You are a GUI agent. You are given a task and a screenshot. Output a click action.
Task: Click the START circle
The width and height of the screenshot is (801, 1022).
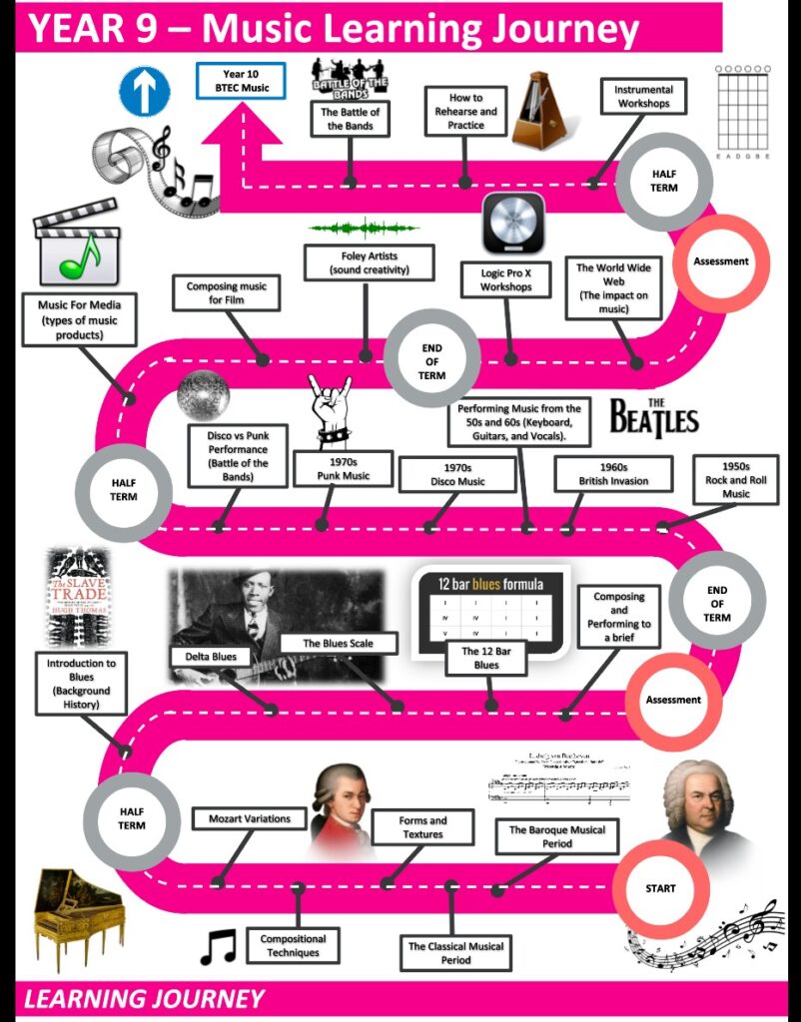(659, 888)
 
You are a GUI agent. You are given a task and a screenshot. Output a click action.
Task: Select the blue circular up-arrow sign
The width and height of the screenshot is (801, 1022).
(145, 91)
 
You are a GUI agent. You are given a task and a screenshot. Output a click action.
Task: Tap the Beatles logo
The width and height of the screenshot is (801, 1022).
(653, 414)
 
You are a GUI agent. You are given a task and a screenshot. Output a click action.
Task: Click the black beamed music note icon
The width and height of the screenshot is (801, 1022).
(218, 945)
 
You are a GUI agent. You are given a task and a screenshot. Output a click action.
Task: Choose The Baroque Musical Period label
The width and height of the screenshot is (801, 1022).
(556, 836)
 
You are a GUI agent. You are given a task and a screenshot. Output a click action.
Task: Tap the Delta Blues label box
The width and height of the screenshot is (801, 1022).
(211, 657)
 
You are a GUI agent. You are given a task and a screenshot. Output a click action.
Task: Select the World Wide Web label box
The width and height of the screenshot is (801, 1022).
(613, 287)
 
